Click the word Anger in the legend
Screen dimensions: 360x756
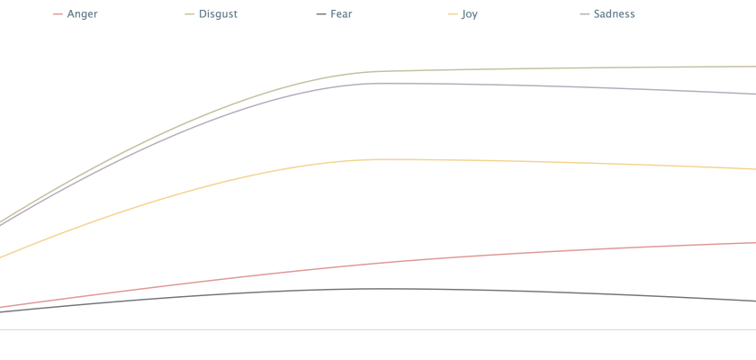tap(82, 14)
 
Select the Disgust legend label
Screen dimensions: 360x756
tap(218, 14)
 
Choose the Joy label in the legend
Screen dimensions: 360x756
tap(469, 14)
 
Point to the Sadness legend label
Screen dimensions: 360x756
tap(614, 14)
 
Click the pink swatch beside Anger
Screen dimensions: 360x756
tap(58, 14)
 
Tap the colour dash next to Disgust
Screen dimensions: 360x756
tap(190, 14)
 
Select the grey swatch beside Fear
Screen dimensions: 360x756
tap(322, 14)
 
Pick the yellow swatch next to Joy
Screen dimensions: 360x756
tap(453, 14)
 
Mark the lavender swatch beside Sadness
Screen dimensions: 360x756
tap(585, 14)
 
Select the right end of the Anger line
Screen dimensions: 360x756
tap(753, 242)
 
